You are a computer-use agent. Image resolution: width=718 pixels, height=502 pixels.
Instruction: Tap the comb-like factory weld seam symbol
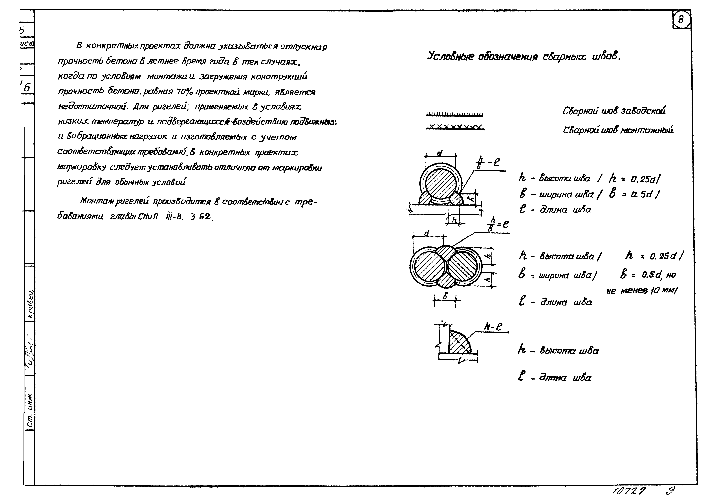point(454,114)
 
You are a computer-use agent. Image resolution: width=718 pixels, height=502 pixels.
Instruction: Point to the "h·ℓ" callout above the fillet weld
point(493,327)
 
